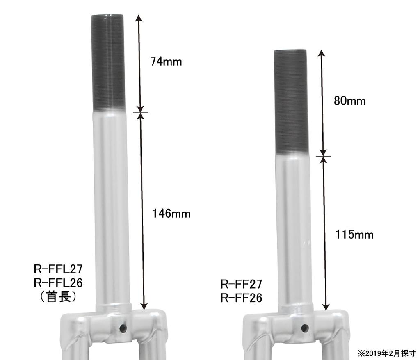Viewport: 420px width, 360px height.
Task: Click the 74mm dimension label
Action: pyautogui.click(x=166, y=62)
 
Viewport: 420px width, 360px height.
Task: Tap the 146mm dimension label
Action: pyautogui.click(x=171, y=214)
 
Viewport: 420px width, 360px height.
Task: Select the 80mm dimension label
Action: pyautogui.click(x=349, y=101)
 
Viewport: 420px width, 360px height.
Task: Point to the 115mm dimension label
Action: pyautogui.click(x=354, y=235)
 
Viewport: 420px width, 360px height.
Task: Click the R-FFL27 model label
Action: pyautogui.click(x=58, y=269)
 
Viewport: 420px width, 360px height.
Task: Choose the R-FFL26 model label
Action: pyautogui.click(x=58, y=283)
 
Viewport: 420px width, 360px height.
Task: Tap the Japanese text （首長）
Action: pyautogui.click(x=58, y=297)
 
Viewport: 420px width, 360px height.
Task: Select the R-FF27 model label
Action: pyautogui.click(x=241, y=284)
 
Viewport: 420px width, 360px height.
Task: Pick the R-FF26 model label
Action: pyautogui.click(x=241, y=298)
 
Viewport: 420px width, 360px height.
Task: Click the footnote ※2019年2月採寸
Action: pyautogui.click(x=387, y=353)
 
